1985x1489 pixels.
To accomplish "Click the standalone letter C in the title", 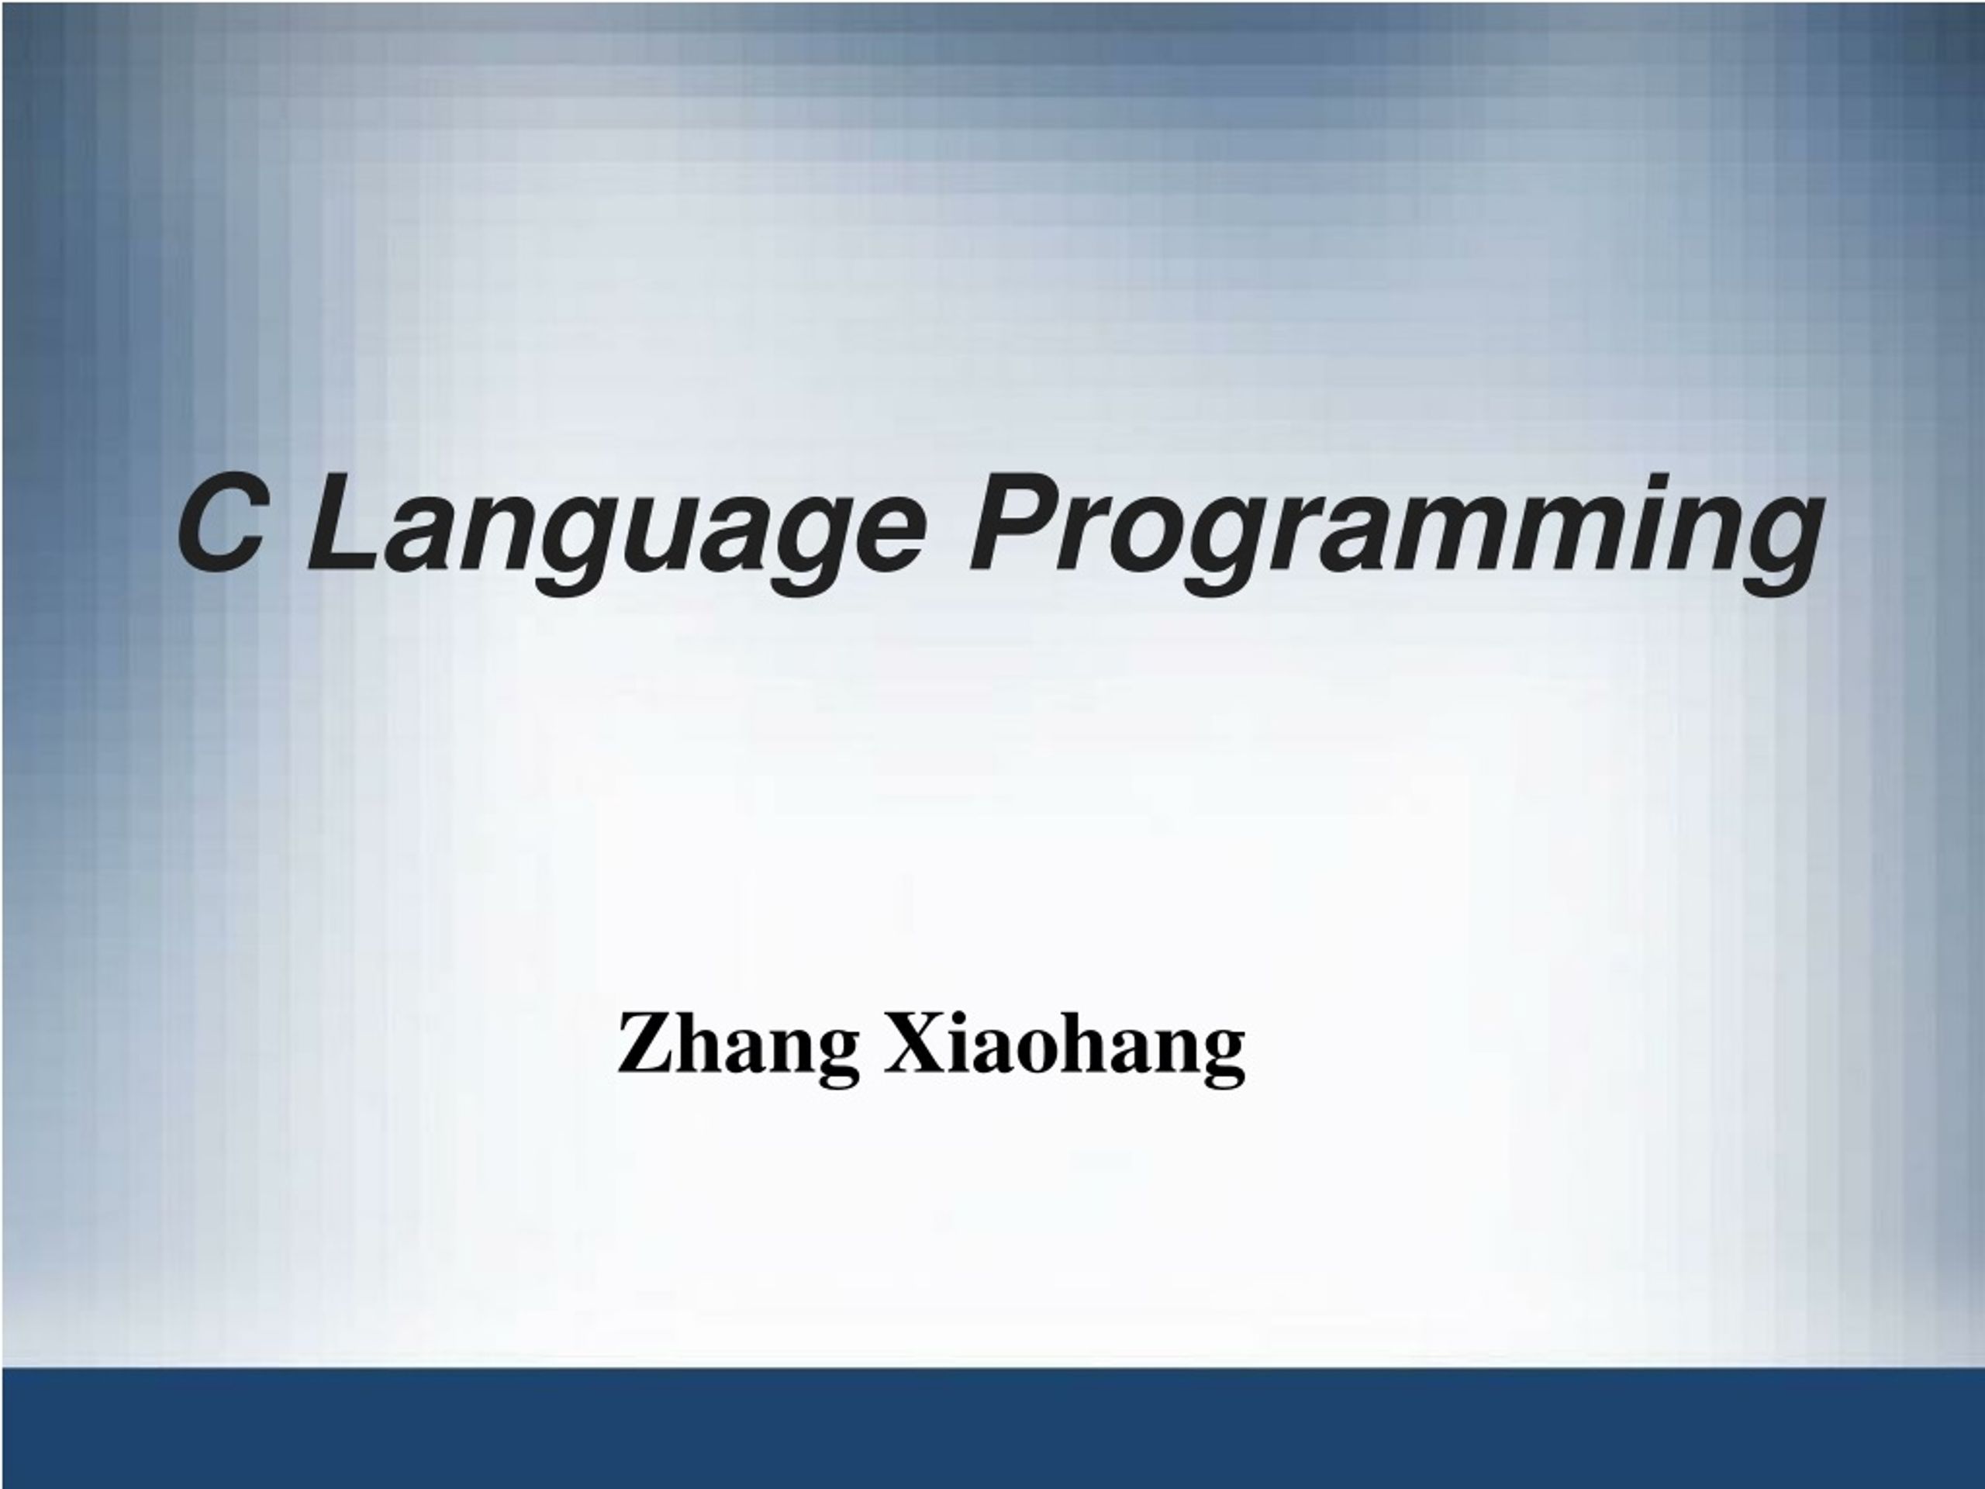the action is (x=220, y=523).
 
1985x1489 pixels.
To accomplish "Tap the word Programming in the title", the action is (x=1396, y=535).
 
